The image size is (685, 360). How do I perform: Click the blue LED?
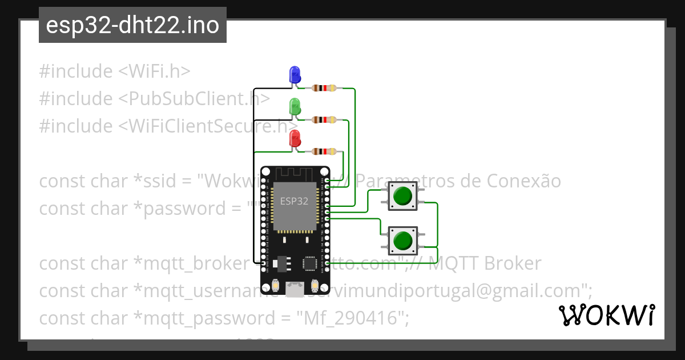(295, 74)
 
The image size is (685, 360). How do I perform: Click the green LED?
(295, 106)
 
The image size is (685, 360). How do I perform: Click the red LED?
(295, 138)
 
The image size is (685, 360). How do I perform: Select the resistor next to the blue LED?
(324, 88)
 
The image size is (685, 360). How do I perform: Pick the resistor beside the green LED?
(324, 120)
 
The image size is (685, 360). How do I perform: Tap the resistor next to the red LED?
(324, 151)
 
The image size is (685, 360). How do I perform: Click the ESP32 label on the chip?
(294, 201)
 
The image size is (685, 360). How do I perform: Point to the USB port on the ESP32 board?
(295, 289)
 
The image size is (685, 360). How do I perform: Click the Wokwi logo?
(606, 315)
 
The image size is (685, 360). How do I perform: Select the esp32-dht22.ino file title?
(132, 26)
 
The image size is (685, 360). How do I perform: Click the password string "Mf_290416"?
(352, 318)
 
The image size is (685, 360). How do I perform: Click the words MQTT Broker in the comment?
(485, 263)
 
